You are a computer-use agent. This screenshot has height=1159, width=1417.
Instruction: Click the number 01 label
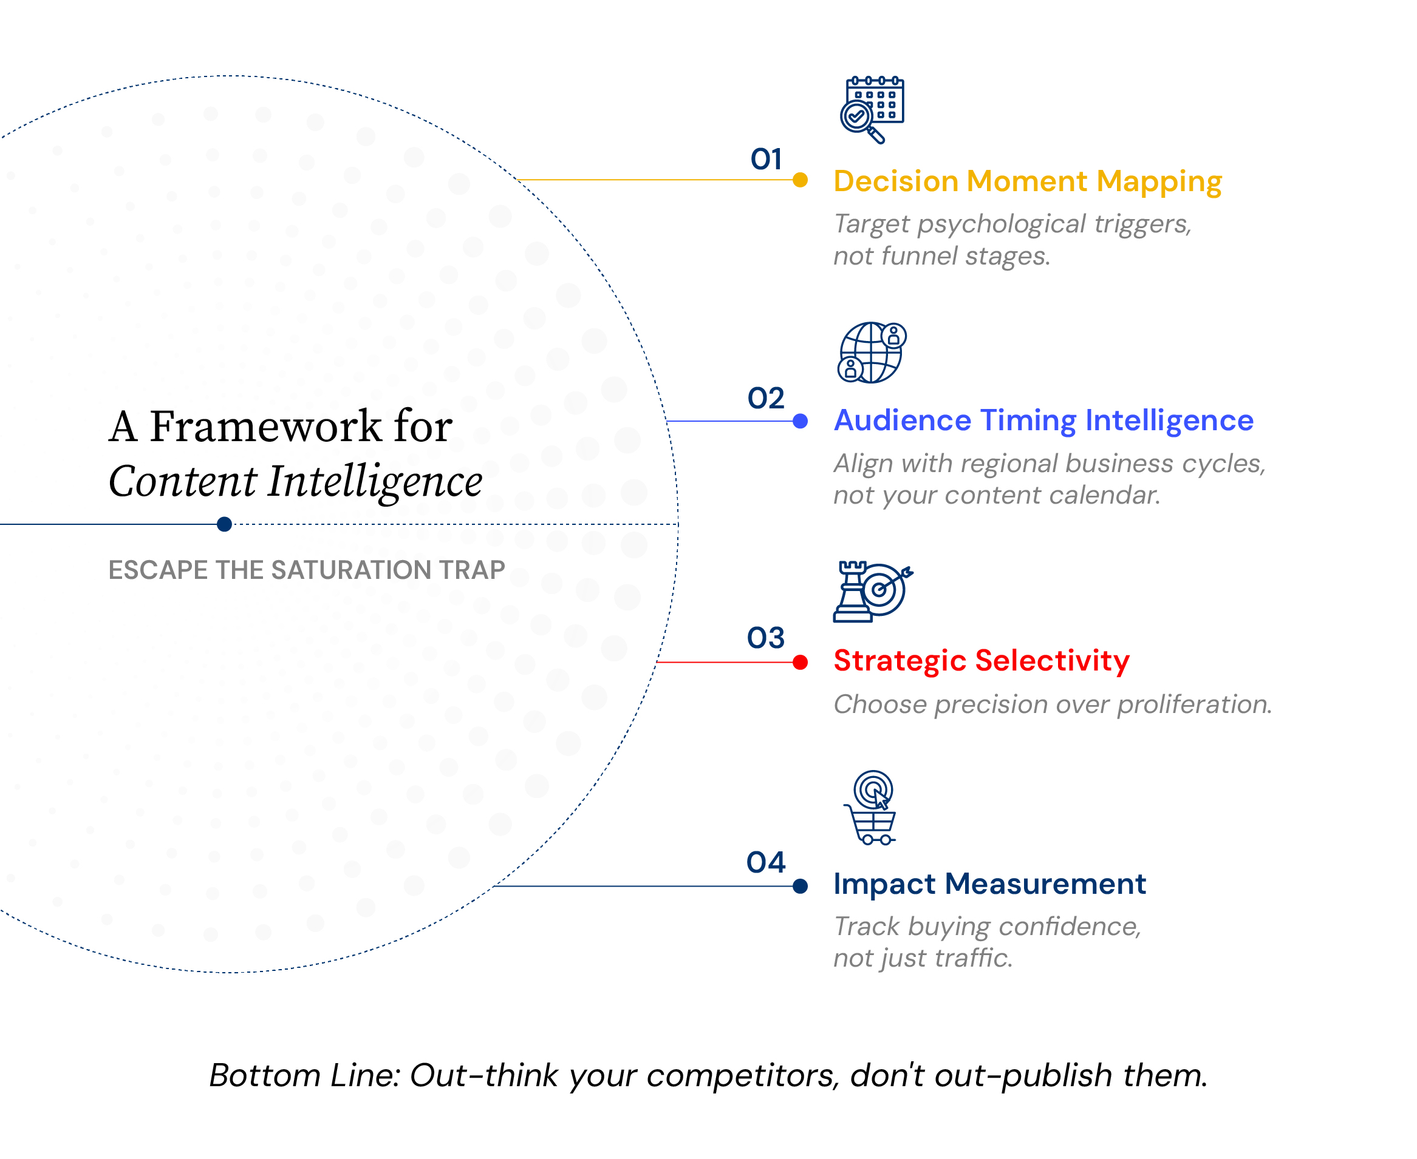(x=766, y=159)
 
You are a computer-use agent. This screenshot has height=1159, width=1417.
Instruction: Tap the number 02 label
(x=766, y=398)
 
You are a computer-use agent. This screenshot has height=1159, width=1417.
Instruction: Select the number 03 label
(x=766, y=638)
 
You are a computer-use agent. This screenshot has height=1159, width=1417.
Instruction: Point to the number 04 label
(x=766, y=862)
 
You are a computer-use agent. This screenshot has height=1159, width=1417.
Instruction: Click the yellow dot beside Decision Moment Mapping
(x=800, y=180)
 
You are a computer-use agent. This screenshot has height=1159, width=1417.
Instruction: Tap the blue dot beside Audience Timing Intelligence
(x=800, y=421)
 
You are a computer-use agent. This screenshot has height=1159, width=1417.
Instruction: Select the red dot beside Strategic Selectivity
(x=800, y=662)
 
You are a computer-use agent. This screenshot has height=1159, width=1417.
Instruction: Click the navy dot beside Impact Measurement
(x=800, y=886)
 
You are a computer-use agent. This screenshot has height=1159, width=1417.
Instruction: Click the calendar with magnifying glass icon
(x=872, y=109)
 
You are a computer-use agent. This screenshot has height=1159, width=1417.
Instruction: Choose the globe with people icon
(x=872, y=353)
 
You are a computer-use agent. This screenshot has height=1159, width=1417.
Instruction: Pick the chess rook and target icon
(x=873, y=592)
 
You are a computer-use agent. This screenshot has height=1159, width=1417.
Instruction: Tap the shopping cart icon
(x=870, y=807)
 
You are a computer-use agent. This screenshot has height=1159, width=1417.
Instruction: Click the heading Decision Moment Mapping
(x=1028, y=181)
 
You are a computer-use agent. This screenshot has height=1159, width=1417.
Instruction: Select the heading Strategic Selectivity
(x=982, y=661)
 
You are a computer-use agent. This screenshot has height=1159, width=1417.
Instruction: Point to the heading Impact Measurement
(x=989, y=884)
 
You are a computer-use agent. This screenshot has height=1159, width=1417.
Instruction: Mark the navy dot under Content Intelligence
(x=225, y=524)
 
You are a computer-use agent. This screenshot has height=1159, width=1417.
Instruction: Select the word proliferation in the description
(x=1195, y=705)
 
